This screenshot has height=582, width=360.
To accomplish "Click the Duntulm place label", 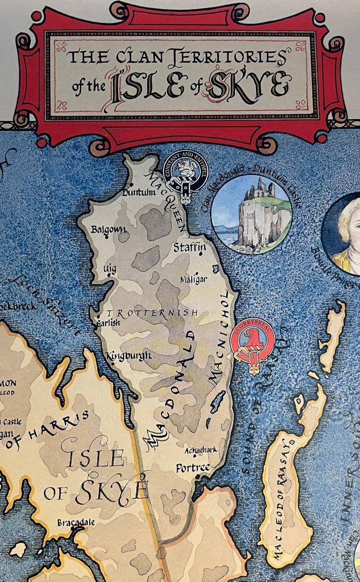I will [x=138, y=192].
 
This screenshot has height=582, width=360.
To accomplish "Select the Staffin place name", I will [x=190, y=247].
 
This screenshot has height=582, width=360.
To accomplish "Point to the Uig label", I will [x=110, y=268].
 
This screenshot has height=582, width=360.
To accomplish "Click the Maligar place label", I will [x=193, y=280].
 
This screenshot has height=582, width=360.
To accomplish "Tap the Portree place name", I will [x=193, y=468].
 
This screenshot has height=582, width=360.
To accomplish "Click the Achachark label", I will [x=201, y=450].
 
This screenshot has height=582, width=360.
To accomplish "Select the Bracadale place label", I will [x=76, y=522].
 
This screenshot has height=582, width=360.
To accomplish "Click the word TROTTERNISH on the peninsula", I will [x=152, y=313].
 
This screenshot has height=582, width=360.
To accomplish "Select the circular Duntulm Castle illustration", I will [x=251, y=214].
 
